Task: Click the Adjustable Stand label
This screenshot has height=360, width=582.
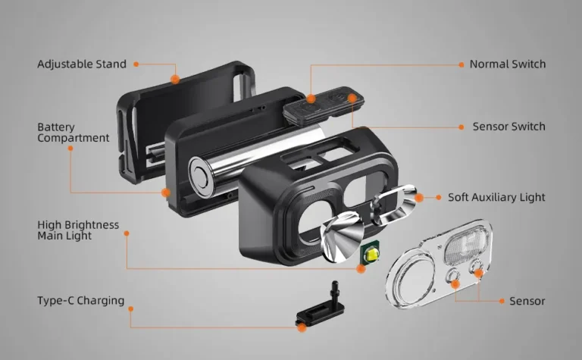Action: point(82,64)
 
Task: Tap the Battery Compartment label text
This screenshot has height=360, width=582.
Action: point(73,133)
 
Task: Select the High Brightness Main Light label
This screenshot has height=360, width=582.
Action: point(78,230)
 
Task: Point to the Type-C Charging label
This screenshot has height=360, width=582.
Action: point(80,300)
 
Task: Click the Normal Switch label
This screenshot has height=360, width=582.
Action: point(508,64)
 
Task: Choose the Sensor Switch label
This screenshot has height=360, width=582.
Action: point(509,127)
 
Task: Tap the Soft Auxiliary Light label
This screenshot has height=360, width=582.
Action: point(496,197)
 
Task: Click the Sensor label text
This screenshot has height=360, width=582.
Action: point(527,301)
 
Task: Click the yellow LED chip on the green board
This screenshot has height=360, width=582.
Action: point(372,255)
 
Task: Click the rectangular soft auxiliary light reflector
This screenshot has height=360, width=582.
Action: point(393,204)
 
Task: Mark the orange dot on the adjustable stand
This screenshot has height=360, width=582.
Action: point(175,79)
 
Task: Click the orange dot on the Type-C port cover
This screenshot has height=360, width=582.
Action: point(302,327)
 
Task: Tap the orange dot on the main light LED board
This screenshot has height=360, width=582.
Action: point(361,269)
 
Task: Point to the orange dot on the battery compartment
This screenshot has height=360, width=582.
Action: point(165,193)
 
